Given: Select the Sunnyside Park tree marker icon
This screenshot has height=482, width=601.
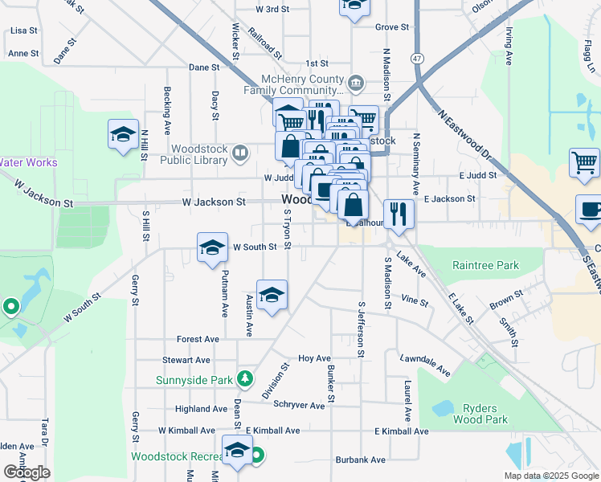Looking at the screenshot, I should (x=244, y=378).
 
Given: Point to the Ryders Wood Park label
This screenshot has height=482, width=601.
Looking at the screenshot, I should (x=480, y=414).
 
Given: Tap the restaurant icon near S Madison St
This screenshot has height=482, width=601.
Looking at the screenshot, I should (x=399, y=213).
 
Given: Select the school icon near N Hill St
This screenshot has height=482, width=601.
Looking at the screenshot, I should (x=123, y=134).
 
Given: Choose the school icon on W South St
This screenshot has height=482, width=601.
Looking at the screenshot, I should (x=212, y=248).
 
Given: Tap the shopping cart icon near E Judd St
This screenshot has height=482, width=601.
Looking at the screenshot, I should (x=583, y=162).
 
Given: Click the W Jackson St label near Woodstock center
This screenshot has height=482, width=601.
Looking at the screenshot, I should (x=214, y=202).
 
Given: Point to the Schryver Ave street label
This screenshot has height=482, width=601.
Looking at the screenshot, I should (x=299, y=405).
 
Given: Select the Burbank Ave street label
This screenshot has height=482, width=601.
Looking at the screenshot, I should (x=361, y=460).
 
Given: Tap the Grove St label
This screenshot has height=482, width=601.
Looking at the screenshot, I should (x=392, y=27).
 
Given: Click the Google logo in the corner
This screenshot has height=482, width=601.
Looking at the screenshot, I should (x=27, y=472).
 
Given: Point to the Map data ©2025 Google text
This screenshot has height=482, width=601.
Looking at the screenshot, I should (x=551, y=476).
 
